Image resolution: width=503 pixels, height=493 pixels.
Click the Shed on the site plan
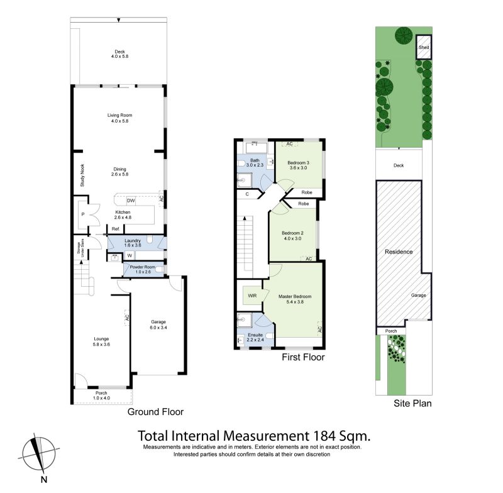pos(424,47)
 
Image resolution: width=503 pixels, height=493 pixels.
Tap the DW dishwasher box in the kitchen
pos(131,201)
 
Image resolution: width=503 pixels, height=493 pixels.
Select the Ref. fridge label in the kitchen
pos(116,229)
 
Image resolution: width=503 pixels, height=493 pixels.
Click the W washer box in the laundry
pos(130,256)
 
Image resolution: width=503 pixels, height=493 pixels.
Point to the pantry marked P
pos(83,214)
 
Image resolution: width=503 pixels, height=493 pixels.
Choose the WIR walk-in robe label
pos(252,296)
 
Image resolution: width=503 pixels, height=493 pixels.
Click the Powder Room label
pos(143,267)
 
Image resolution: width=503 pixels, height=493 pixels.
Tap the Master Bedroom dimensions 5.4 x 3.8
pos(295,302)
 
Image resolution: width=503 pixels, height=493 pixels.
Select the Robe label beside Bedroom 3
pos(307,192)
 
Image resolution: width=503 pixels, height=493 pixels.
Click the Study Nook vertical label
pos(82,175)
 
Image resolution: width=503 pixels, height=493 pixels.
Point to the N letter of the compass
pos(44,480)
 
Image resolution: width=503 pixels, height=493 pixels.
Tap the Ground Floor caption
pos(155,412)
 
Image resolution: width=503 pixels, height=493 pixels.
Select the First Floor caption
pos(303,357)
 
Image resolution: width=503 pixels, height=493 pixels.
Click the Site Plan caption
pos(412,403)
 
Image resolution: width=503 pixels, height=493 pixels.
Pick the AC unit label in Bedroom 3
pos(289,144)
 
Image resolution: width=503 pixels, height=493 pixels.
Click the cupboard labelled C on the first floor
pos(247,194)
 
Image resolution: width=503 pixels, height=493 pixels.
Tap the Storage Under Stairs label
pos(80,248)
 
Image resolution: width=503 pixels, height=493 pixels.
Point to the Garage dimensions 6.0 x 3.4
pos(158,328)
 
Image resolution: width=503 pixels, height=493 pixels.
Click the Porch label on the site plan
pos(391,331)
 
